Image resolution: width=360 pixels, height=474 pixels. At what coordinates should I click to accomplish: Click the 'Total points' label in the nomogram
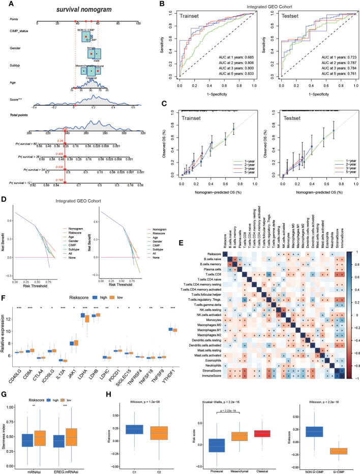[x=21, y=116]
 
